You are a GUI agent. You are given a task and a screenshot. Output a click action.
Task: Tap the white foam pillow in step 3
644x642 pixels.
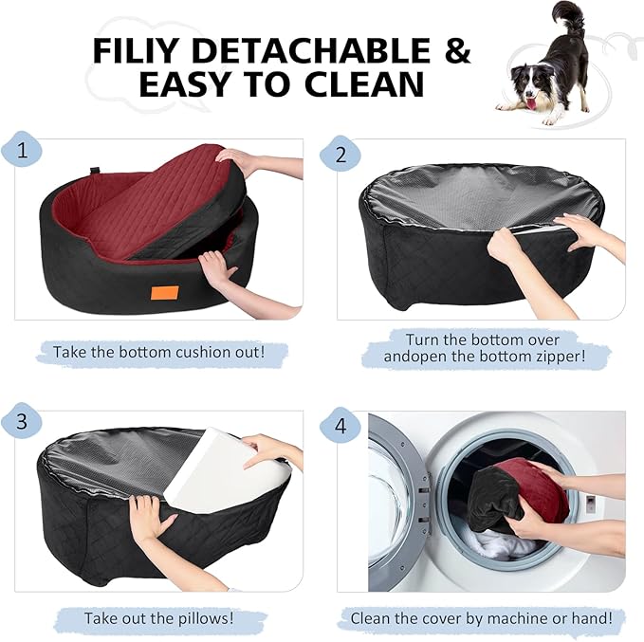coord(224,469)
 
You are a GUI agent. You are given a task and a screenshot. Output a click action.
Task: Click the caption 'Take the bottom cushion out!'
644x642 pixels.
coord(158,351)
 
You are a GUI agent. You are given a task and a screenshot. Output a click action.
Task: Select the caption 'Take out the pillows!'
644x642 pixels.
coord(158,618)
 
